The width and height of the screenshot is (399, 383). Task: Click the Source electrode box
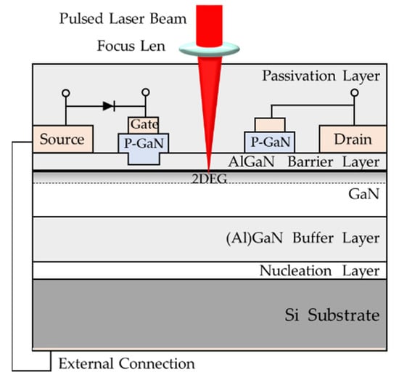[x=62, y=139]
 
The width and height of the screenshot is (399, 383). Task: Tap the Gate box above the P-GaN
[x=144, y=125]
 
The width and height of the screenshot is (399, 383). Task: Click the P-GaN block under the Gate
[x=144, y=144]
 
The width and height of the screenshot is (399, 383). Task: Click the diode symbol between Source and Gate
[x=108, y=106]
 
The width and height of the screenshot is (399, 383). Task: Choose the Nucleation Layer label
[x=320, y=271]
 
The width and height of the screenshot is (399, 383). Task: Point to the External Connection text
[x=126, y=363]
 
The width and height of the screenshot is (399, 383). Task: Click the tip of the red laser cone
[x=208, y=169]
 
